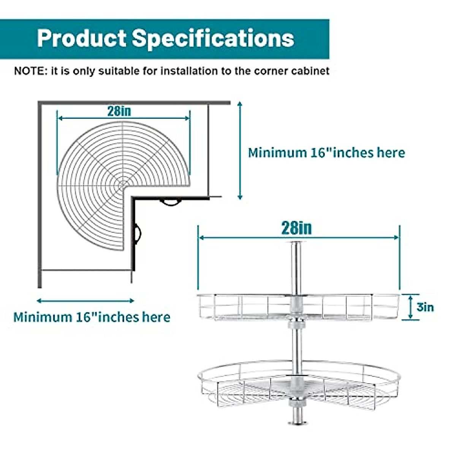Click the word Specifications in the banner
213,38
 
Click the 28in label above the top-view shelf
119,111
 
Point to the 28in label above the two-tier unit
296,228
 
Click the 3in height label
425,307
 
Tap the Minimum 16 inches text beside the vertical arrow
326,153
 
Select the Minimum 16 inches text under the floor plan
92,317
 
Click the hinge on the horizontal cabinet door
171,202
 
